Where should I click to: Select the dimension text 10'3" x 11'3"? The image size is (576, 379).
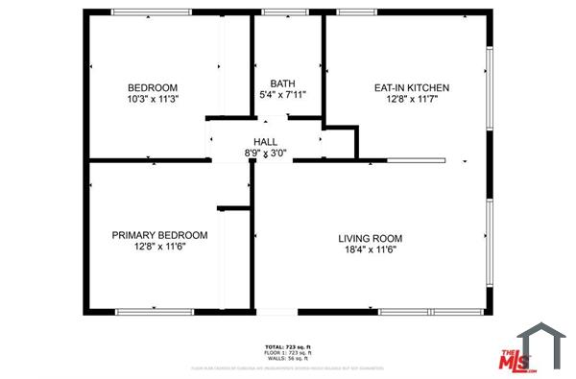point(153,98)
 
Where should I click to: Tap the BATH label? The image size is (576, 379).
point(282,83)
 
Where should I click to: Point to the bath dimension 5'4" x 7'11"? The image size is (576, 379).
point(282,95)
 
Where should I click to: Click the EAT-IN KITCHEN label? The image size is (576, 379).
point(411,87)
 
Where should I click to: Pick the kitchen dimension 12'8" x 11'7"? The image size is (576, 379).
point(411,100)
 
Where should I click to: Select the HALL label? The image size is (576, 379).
point(266,141)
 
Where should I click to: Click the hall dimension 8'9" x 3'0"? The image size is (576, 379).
point(266,153)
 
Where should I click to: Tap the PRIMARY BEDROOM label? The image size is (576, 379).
point(159,235)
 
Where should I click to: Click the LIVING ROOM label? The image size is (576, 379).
point(370,238)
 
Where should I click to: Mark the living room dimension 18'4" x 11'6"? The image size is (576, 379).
point(370,249)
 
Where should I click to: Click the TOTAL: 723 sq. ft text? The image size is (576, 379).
point(287,346)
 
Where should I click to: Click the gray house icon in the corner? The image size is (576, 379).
point(542,344)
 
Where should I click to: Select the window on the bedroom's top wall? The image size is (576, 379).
point(145,12)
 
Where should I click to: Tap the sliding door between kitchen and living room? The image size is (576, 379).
point(416,160)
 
